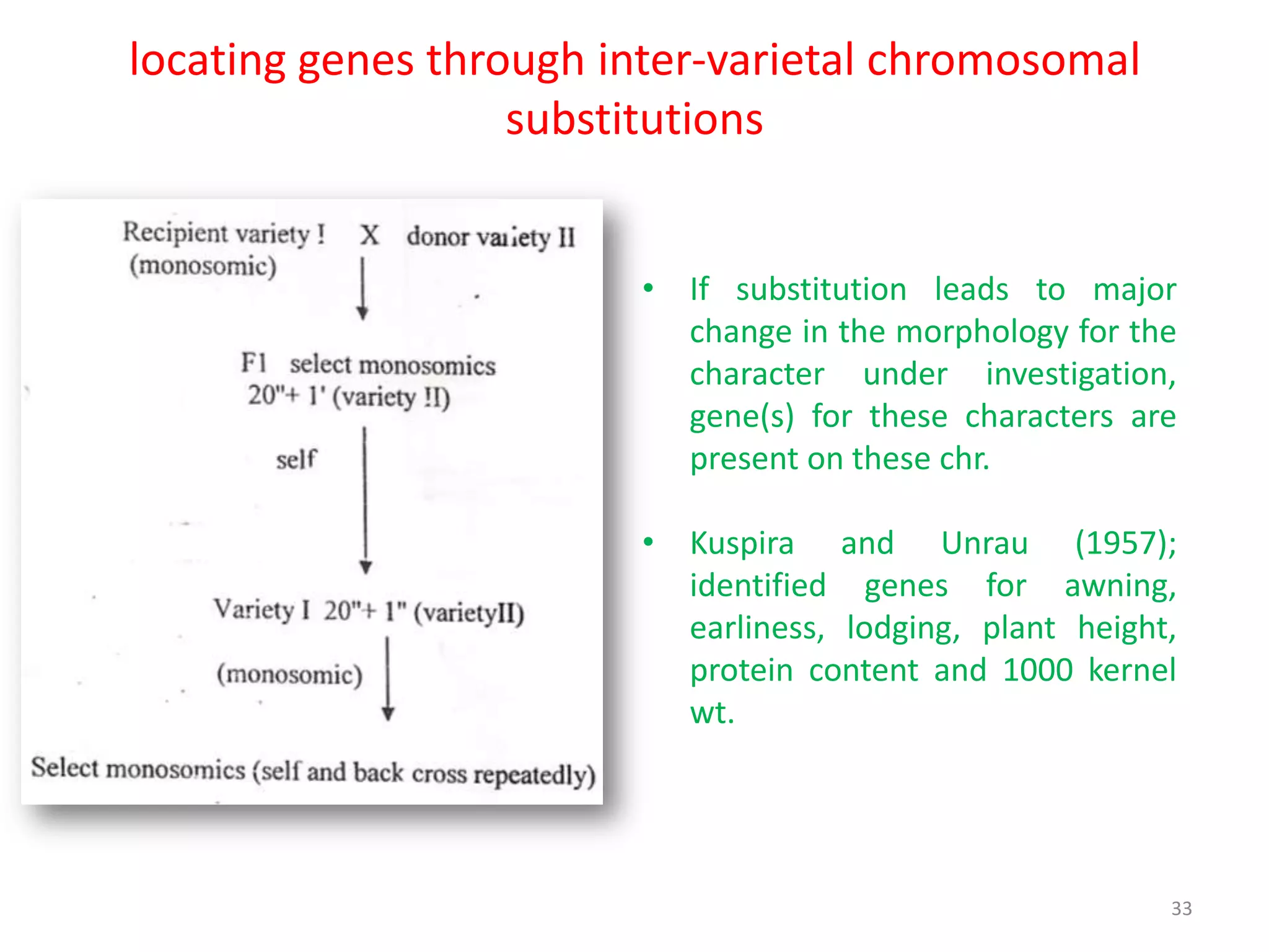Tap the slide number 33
(1181, 908)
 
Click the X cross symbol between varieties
(370, 235)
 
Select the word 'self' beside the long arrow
(296, 460)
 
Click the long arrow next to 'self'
(365, 500)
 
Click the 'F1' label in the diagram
(254, 363)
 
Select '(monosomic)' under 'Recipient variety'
(203, 267)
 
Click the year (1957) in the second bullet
(1125, 544)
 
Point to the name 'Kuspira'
(742, 544)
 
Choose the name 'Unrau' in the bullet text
(984, 544)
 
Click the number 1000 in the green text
(1037, 670)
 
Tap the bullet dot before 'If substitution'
(648, 288)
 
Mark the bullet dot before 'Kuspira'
(648, 542)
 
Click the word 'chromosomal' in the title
(1003, 60)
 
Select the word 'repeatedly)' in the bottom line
(534, 775)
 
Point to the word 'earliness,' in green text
(757, 628)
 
